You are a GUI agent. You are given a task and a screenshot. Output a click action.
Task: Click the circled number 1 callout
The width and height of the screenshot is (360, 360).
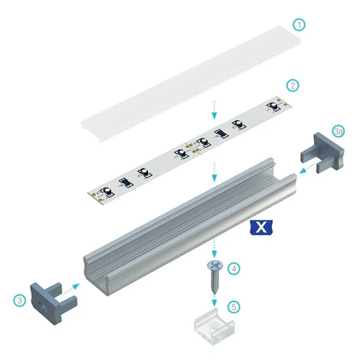click(299, 25)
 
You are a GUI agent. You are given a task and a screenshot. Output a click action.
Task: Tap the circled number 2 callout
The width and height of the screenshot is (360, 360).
click(293, 85)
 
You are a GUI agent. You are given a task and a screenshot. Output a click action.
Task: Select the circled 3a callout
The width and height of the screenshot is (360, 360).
click(339, 132)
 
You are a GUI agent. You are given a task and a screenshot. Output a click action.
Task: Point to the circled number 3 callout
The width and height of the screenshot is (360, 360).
click(20, 300)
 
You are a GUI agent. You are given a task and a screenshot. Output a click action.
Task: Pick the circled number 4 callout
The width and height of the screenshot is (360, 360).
click(234, 269)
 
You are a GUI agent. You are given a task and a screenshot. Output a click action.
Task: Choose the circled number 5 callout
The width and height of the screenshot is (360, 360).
click(234, 306)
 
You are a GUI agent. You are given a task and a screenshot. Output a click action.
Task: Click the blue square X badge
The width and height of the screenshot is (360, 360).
click(261, 227)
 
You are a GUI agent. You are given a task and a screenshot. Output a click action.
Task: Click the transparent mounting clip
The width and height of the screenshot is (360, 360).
click(214, 326)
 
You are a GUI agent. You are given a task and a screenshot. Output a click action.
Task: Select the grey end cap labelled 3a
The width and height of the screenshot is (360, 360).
click(323, 153)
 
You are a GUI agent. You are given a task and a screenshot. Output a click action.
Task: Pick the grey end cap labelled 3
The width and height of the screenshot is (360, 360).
click(52, 303)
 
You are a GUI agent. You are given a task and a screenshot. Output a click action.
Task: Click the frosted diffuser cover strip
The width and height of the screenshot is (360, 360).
click(191, 84)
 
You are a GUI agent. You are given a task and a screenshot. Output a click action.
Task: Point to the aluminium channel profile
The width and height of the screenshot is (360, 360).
click(190, 227)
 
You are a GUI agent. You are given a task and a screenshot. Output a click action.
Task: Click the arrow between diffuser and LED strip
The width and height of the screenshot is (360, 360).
click(214, 110)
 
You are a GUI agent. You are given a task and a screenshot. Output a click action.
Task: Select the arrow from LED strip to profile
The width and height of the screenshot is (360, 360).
click(214, 172)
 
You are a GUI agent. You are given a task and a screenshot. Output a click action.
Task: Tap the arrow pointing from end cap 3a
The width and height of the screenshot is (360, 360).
click(307, 169)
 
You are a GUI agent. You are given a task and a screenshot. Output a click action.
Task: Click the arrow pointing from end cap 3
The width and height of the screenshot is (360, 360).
click(71, 290)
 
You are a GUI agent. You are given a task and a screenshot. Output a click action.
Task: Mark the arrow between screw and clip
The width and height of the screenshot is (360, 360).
click(214, 301)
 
